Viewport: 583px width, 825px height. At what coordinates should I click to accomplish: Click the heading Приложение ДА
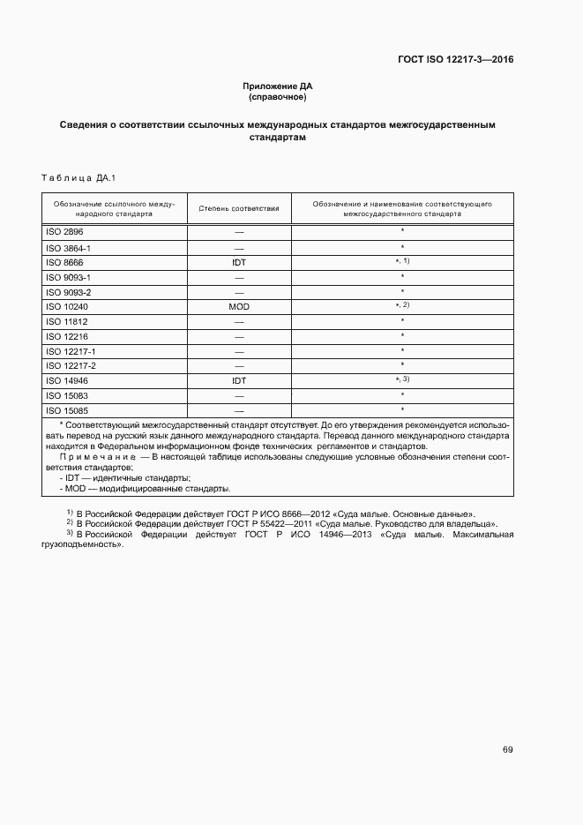click(278, 86)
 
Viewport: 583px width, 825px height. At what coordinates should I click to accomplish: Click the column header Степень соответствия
click(239, 208)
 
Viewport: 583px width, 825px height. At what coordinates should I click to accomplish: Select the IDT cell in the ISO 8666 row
click(239, 262)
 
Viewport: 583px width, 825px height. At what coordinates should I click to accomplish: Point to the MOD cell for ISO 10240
click(239, 306)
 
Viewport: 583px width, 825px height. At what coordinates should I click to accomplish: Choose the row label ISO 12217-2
click(71, 365)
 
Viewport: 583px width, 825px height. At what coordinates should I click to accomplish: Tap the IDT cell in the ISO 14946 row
click(239, 380)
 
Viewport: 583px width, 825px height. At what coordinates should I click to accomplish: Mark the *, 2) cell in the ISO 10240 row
click(403, 305)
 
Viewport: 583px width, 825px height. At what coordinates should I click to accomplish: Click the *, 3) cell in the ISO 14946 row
click(403, 379)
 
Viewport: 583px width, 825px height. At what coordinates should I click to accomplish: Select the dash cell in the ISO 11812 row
click(239, 321)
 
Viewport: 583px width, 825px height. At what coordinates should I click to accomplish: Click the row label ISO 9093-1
click(68, 277)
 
